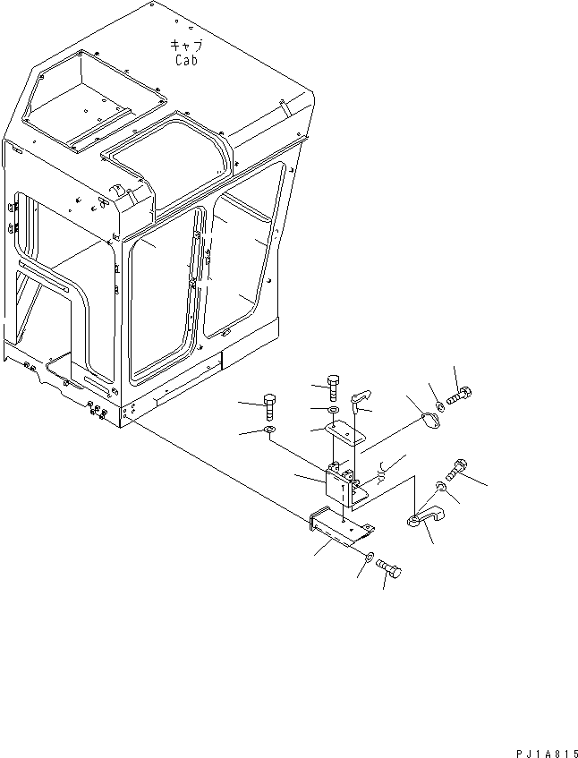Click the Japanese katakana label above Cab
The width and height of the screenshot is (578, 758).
click(x=184, y=45)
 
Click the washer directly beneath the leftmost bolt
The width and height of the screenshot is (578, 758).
click(x=270, y=433)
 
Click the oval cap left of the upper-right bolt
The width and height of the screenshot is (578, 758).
click(x=431, y=419)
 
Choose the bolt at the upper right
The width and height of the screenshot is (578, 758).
click(x=458, y=396)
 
